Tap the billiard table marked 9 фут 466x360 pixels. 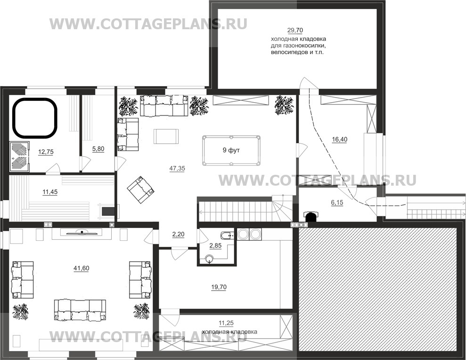[x=231, y=150]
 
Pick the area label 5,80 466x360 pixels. [x=98, y=149]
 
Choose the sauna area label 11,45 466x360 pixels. [x=48, y=192]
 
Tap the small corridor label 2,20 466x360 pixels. [x=178, y=234]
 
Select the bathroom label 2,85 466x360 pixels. [x=215, y=246]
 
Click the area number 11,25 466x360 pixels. [x=226, y=323]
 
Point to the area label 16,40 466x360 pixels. [x=339, y=139]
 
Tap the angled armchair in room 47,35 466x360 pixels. [x=140, y=189]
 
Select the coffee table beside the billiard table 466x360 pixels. [x=166, y=136]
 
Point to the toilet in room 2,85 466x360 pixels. [x=209, y=258]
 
